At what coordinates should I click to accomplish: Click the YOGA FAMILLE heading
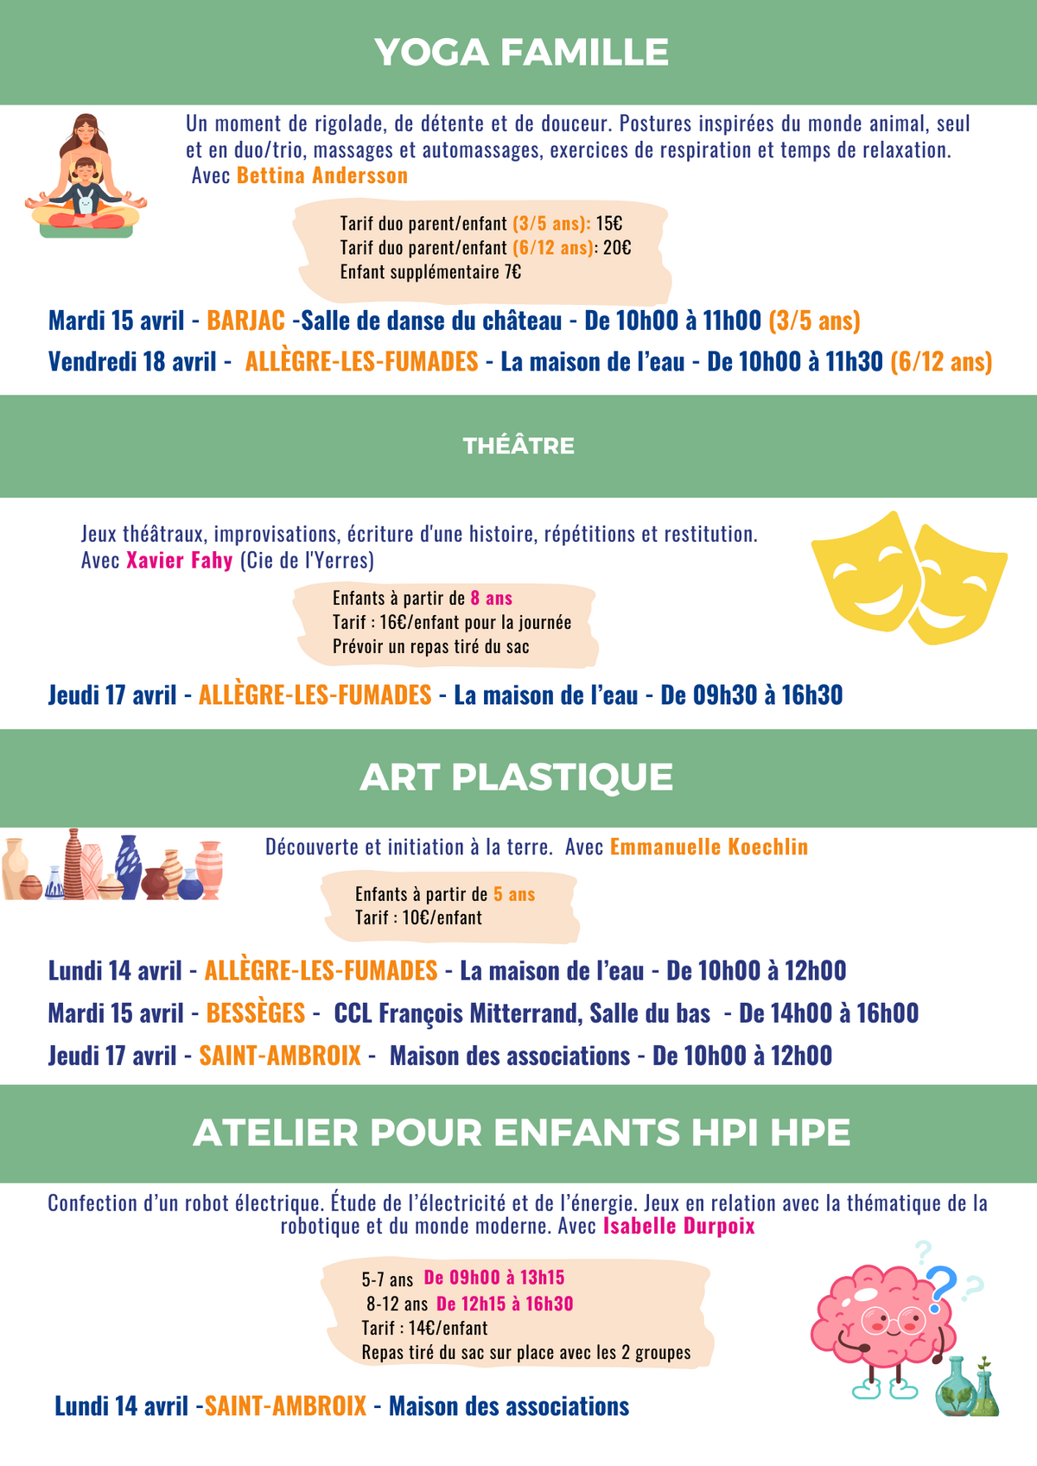pos(521,53)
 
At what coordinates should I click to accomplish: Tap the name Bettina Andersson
pos(322,175)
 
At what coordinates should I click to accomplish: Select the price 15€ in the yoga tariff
pos(609,224)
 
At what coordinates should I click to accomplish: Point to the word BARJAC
pos(246,320)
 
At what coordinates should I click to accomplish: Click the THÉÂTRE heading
pos(518,446)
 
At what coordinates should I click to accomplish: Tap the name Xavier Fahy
pos(180,560)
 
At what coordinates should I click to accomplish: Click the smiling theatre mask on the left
pos(861,570)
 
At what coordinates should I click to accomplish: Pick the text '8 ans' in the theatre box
pos(492,598)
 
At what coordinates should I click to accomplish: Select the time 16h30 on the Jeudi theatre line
pos(812,695)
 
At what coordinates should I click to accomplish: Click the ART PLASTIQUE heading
pos(517,777)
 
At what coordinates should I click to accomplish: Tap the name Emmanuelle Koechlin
pos(709,847)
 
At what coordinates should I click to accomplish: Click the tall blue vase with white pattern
pos(129,866)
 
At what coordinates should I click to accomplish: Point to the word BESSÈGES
pos(256,1012)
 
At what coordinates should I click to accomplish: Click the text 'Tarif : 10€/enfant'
pos(419,917)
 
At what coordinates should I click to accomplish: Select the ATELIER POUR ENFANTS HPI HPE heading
pos(522,1133)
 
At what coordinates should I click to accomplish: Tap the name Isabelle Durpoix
pos(678,1226)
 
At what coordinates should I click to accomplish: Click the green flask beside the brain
pos(956,1387)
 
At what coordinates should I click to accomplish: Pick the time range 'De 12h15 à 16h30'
pos(505,1304)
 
